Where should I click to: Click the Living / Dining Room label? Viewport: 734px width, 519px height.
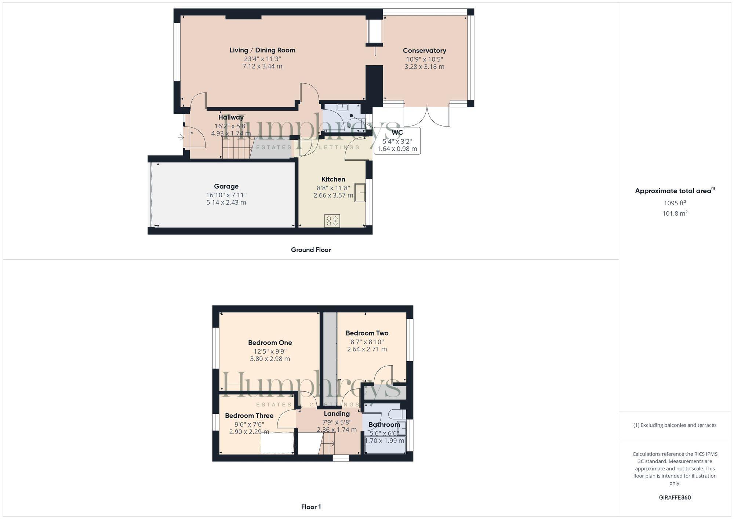(x=262, y=50)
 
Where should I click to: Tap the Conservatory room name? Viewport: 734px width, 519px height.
(x=424, y=51)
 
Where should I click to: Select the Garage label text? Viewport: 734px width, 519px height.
(x=226, y=186)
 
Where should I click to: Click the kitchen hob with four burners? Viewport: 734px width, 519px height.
(x=332, y=221)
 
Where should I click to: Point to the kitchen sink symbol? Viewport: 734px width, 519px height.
(x=360, y=193)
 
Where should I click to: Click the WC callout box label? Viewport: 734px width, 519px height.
(x=397, y=133)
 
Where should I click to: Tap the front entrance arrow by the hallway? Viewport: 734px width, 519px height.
(x=181, y=138)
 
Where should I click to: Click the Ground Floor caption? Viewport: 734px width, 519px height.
(x=310, y=250)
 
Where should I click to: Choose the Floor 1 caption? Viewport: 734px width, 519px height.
(x=311, y=507)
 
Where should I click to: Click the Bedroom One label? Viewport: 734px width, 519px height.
(x=270, y=343)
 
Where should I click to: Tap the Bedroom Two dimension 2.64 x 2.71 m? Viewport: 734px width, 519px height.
(x=367, y=349)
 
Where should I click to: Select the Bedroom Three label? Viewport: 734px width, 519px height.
(x=249, y=416)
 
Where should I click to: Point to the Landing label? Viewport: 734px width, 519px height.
(x=337, y=413)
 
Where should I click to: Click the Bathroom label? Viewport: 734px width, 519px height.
(x=384, y=424)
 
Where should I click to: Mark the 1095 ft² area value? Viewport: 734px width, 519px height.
(x=675, y=203)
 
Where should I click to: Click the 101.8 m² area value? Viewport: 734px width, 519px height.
(x=675, y=213)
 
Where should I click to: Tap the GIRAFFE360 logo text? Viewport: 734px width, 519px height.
(x=675, y=498)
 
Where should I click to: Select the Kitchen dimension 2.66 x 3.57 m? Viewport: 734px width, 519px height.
(x=333, y=195)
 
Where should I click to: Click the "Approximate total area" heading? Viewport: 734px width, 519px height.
(x=673, y=191)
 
